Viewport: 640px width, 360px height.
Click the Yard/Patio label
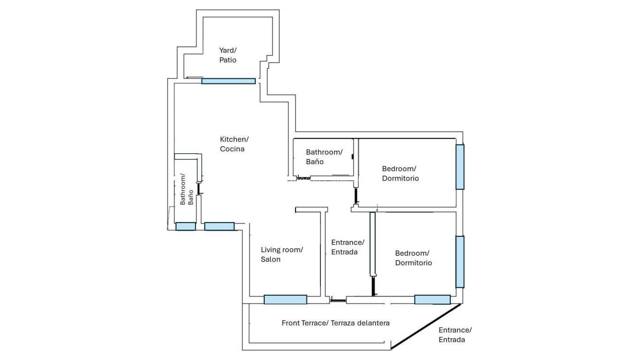[228, 55]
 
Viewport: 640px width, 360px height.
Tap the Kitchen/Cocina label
[234, 144]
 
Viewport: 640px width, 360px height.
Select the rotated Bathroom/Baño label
[186, 190]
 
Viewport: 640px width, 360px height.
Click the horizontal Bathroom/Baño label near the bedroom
[324, 157]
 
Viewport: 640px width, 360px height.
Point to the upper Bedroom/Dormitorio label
[400, 173]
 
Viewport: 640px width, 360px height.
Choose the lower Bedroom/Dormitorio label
[413, 258]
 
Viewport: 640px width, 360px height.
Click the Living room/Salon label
[282, 254]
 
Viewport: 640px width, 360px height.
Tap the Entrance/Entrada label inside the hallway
[347, 247]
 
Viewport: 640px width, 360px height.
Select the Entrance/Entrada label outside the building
[454, 335]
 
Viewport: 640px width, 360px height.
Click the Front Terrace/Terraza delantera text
[335, 323]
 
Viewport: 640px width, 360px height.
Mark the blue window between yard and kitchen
[229, 81]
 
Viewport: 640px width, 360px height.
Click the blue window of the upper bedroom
[460, 166]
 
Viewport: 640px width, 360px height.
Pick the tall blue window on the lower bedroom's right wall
[460, 262]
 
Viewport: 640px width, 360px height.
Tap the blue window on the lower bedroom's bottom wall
[432, 300]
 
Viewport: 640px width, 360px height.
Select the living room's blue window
[285, 300]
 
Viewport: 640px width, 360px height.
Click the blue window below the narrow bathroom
[186, 226]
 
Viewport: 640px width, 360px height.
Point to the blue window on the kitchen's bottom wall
[219, 226]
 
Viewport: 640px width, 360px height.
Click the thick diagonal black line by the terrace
[426, 326]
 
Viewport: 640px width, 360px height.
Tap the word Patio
[228, 60]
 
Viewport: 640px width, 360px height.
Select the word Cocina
[232, 149]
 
